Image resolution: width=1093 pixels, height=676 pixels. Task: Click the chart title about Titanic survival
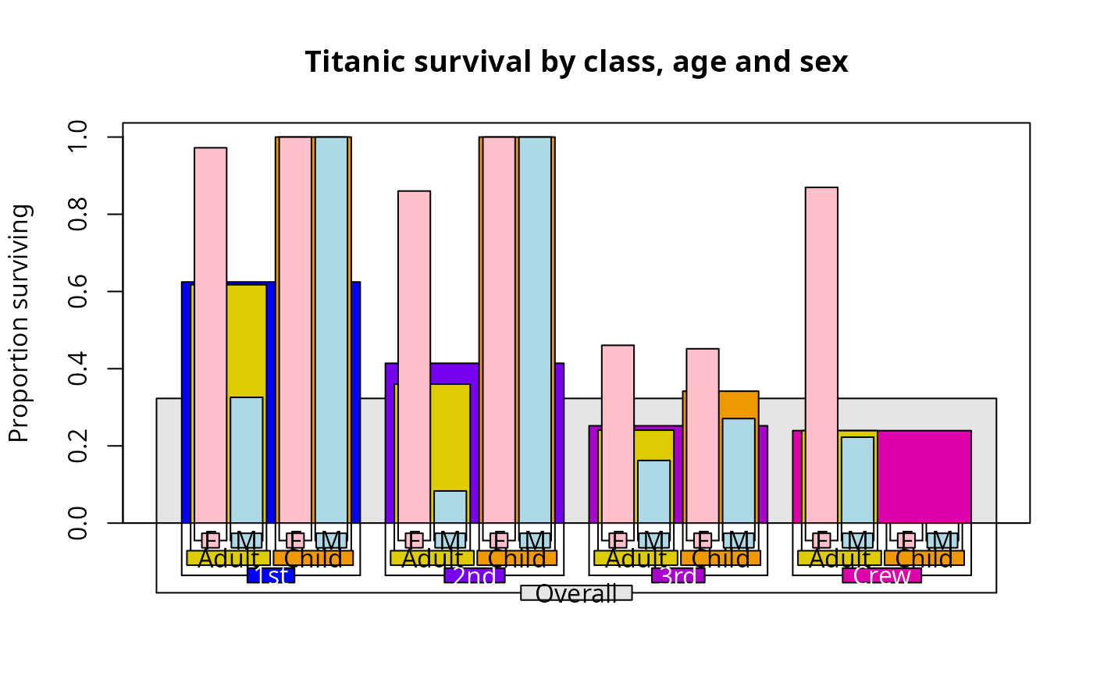[x=576, y=62]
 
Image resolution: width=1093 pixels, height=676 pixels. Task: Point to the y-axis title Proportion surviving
[x=20, y=323]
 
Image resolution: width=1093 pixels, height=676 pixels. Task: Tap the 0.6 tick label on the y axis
[x=78, y=291]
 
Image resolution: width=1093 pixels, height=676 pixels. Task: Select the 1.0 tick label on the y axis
[x=78, y=137]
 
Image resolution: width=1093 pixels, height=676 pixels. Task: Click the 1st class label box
[x=270, y=576]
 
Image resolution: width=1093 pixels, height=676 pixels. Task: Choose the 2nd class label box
[x=474, y=576]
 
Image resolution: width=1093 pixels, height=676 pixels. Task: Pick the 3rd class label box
[x=678, y=576]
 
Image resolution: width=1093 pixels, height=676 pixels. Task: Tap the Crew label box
[x=881, y=576]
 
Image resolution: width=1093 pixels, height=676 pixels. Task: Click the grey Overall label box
[x=576, y=594]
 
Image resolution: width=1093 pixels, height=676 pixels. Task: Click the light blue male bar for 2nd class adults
[x=450, y=507]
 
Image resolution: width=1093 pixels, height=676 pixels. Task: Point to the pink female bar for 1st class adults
[x=210, y=336]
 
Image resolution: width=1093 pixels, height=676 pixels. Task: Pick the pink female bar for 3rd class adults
[x=618, y=434]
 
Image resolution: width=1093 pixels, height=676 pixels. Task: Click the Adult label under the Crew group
[x=839, y=558]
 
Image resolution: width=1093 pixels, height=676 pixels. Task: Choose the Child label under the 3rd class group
[x=721, y=558]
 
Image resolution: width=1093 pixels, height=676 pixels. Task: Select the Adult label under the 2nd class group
[x=432, y=558]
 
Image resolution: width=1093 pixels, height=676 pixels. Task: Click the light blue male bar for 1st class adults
[x=247, y=461]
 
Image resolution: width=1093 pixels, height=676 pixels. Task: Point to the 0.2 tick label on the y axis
[x=78, y=446]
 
